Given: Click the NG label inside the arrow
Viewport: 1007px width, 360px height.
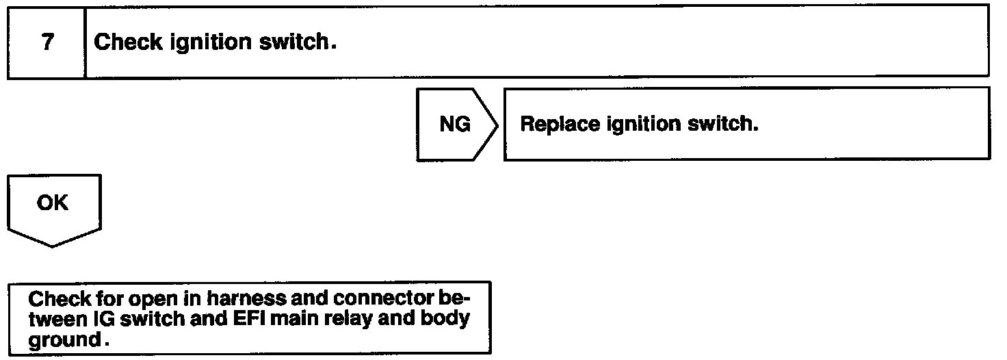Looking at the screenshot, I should click(x=454, y=125).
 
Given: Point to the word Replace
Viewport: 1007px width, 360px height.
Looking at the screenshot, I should click(x=559, y=125).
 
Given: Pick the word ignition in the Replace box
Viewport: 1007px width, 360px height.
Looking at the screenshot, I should click(x=638, y=125).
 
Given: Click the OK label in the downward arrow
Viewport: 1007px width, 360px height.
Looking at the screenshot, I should click(x=53, y=203).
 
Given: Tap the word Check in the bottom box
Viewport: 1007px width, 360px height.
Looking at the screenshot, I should click(x=51, y=300).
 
